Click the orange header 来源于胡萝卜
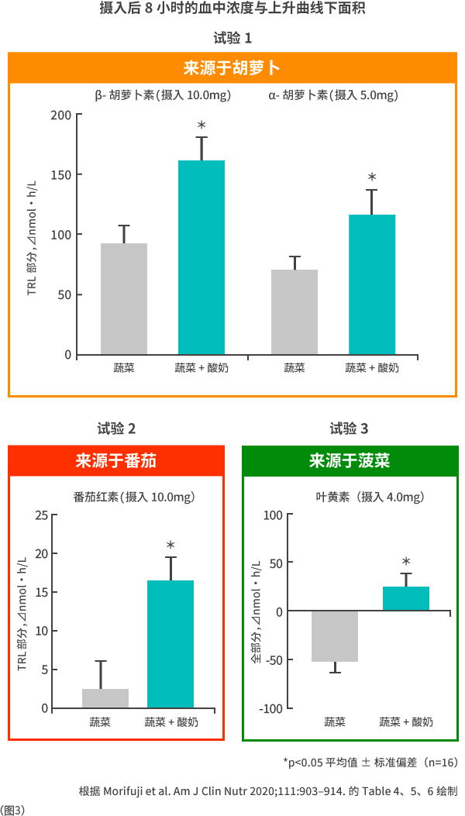(x=232, y=68)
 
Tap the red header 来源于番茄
(x=116, y=461)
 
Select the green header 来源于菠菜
(x=350, y=461)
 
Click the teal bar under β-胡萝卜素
(x=201, y=257)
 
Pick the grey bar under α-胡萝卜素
(x=294, y=312)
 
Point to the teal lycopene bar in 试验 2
(x=170, y=643)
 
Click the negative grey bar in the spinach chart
(x=335, y=635)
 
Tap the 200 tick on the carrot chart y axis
(x=61, y=115)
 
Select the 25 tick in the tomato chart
(x=41, y=515)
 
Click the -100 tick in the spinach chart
(x=271, y=709)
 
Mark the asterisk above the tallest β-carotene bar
(x=201, y=126)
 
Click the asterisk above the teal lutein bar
(x=406, y=562)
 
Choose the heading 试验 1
(x=232, y=38)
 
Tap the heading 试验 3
(x=349, y=429)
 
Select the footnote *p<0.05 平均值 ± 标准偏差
(x=370, y=763)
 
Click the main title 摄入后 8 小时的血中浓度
(x=232, y=9)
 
